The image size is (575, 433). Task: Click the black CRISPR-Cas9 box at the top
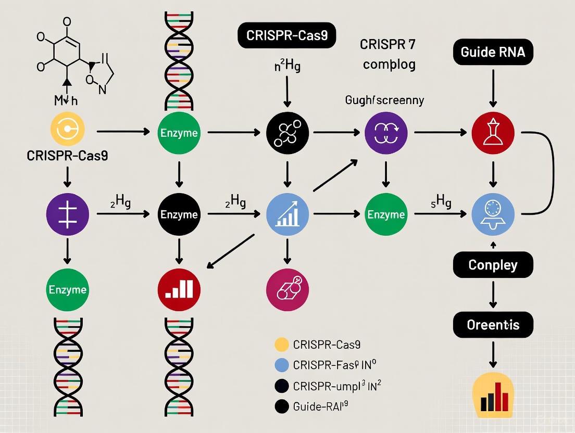pyautogui.click(x=286, y=35)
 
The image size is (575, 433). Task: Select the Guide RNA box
pyautogui.click(x=493, y=52)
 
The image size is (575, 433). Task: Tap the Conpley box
pyautogui.click(x=493, y=265)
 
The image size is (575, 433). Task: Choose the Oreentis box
pyautogui.click(x=493, y=325)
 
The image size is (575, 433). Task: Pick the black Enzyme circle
pyautogui.click(x=179, y=214)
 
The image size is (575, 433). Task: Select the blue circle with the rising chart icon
pyautogui.click(x=287, y=214)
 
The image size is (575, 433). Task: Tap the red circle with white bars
pyautogui.click(x=179, y=289)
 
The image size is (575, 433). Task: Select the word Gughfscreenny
pyautogui.click(x=384, y=100)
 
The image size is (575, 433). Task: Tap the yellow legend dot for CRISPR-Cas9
pyautogui.click(x=281, y=344)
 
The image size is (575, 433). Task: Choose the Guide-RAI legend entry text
pyautogui.click(x=320, y=406)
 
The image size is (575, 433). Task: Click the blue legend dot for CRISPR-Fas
pyautogui.click(x=281, y=365)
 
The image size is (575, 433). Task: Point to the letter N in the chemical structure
pyautogui.click(x=102, y=89)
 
